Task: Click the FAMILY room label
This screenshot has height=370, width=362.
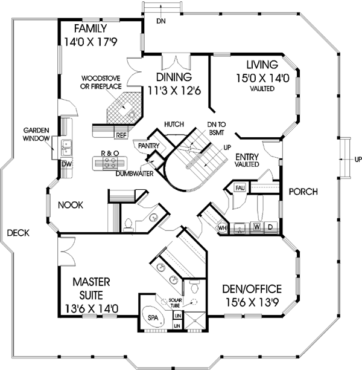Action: (x=91, y=29)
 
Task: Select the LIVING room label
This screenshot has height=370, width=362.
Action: (x=261, y=65)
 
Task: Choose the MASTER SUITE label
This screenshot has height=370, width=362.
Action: (x=90, y=288)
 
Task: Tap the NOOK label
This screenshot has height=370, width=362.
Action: (x=70, y=205)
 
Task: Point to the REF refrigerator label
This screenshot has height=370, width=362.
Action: (x=121, y=135)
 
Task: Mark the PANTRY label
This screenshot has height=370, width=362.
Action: (x=148, y=146)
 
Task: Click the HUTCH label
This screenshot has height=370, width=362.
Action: (x=173, y=124)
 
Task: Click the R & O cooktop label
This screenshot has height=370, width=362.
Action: (x=109, y=154)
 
